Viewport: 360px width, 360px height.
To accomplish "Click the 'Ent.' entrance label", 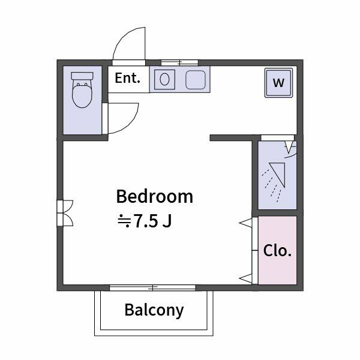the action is [x=127, y=78].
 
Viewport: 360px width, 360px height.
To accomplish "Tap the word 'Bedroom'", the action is [x=155, y=197].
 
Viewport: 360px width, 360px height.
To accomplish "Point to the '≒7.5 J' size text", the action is [x=145, y=221].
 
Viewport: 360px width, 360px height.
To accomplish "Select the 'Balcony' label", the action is [x=154, y=310].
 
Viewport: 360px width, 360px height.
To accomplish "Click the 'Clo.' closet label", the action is [x=277, y=250].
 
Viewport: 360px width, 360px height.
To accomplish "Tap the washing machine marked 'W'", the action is [x=278, y=83].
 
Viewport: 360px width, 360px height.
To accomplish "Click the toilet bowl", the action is [x=82, y=95].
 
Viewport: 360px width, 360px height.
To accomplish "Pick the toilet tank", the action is [x=82, y=76].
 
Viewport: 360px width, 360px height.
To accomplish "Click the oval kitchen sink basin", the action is [x=164, y=79].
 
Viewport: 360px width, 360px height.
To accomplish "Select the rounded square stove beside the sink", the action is [x=196, y=80].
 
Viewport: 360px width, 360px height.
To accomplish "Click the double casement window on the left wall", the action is [x=65, y=213].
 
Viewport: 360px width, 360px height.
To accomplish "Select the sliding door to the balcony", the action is [x=152, y=287].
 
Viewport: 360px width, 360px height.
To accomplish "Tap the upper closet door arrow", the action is [x=245, y=223].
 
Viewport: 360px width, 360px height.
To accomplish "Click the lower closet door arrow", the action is [x=245, y=278].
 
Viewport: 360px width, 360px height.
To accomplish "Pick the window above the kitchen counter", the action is [x=179, y=62].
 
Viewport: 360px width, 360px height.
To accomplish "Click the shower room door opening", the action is [x=278, y=137].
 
